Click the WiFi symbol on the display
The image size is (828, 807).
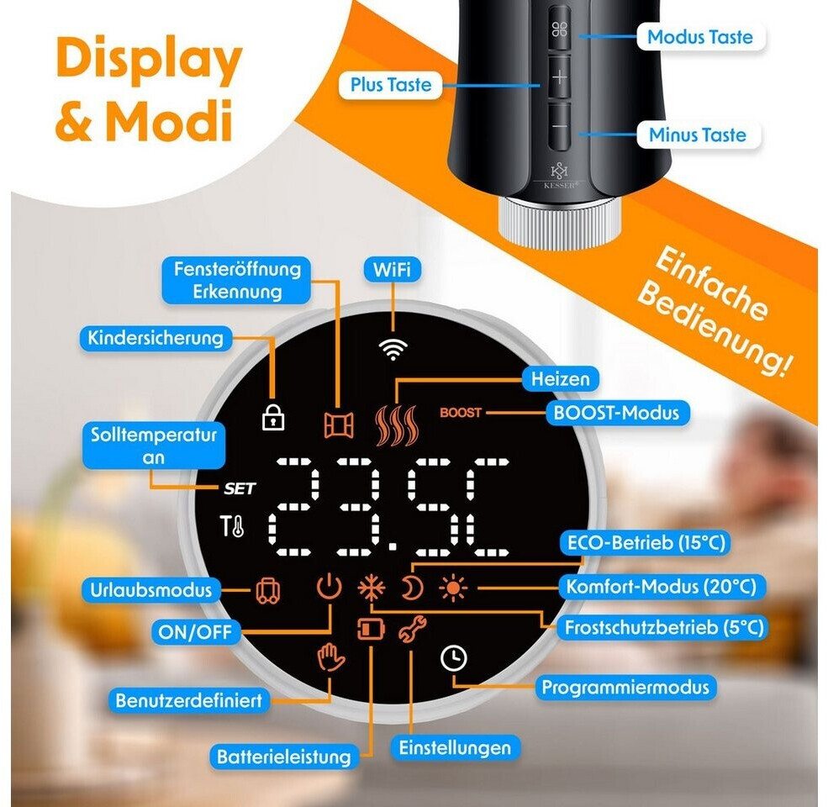tap(393, 349)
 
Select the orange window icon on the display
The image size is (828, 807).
tap(339, 425)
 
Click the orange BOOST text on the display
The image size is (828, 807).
tap(461, 412)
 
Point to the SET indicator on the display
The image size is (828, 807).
tap(240, 488)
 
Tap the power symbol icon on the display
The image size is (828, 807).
tap(330, 587)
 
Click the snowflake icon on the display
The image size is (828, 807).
tap(372, 588)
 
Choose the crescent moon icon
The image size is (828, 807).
tap(411, 588)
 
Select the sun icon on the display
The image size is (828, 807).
tap(453, 588)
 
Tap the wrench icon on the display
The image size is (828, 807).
tap(413, 629)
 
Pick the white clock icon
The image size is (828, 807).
tap(454, 658)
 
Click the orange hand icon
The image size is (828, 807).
tap(330, 657)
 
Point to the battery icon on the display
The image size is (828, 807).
tap(371, 629)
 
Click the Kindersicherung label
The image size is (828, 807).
tap(156, 338)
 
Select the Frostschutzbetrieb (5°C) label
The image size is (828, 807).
tap(664, 627)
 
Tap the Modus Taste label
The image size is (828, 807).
tap(700, 37)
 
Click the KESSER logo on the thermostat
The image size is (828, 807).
tap(560, 176)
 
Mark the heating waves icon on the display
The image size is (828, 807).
tap(396, 425)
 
